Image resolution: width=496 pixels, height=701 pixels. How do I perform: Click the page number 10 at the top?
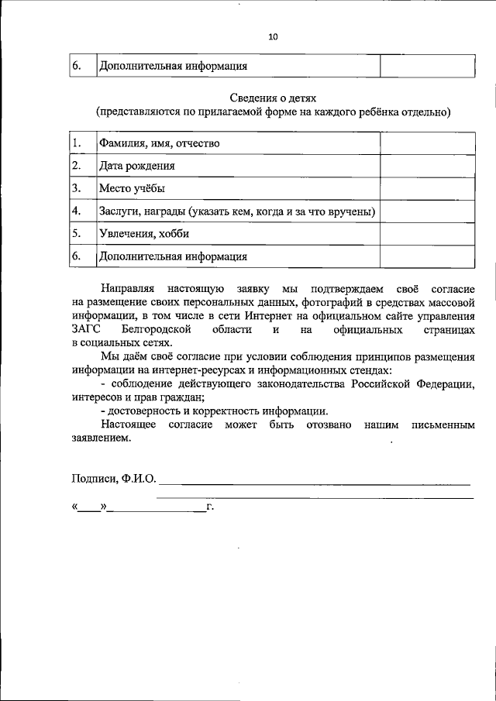tap(272, 36)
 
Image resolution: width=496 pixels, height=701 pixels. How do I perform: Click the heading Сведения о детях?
tap(272, 97)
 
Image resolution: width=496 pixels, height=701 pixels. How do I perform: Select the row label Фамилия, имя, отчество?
tap(159, 143)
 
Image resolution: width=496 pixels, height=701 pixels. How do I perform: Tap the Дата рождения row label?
tap(136, 166)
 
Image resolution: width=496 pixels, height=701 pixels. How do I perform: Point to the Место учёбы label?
tap(132, 188)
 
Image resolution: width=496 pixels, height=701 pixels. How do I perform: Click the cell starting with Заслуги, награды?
tap(237, 211)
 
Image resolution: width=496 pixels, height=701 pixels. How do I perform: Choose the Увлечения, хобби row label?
tap(144, 233)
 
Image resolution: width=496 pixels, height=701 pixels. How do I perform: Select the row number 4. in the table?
tap(77, 211)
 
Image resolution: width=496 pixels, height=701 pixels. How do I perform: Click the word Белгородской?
tap(157, 330)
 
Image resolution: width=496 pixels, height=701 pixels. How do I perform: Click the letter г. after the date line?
tap(210, 507)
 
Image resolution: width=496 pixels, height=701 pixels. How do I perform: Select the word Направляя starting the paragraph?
tap(126, 288)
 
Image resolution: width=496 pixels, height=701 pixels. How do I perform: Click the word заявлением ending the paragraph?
tap(101, 438)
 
